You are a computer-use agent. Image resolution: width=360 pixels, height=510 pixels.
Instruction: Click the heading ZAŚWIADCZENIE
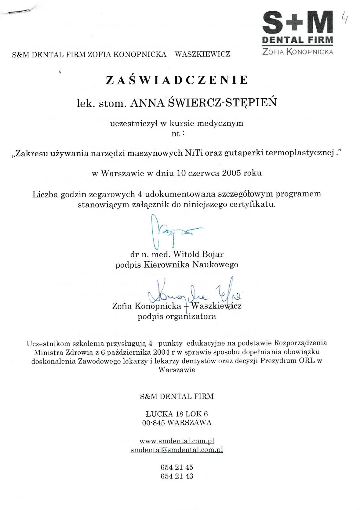(177, 80)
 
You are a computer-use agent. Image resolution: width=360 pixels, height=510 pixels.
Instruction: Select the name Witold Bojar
(198, 254)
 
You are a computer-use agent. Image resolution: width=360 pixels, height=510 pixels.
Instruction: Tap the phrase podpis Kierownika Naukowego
(177, 264)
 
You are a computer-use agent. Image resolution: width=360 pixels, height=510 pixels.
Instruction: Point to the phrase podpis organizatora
(177, 316)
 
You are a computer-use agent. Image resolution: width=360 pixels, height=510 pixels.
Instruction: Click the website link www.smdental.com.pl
(177, 441)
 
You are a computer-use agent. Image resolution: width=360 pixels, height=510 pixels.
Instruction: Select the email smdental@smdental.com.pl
(177, 450)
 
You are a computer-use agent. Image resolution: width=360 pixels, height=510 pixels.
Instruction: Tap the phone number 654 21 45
(177, 467)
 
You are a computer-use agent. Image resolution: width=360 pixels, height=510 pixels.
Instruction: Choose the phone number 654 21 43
(177, 476)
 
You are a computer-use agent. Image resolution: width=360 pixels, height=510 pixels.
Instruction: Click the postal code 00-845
(154, 423)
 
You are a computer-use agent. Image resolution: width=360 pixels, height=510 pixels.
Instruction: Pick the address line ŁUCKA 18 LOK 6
(177, 414)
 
